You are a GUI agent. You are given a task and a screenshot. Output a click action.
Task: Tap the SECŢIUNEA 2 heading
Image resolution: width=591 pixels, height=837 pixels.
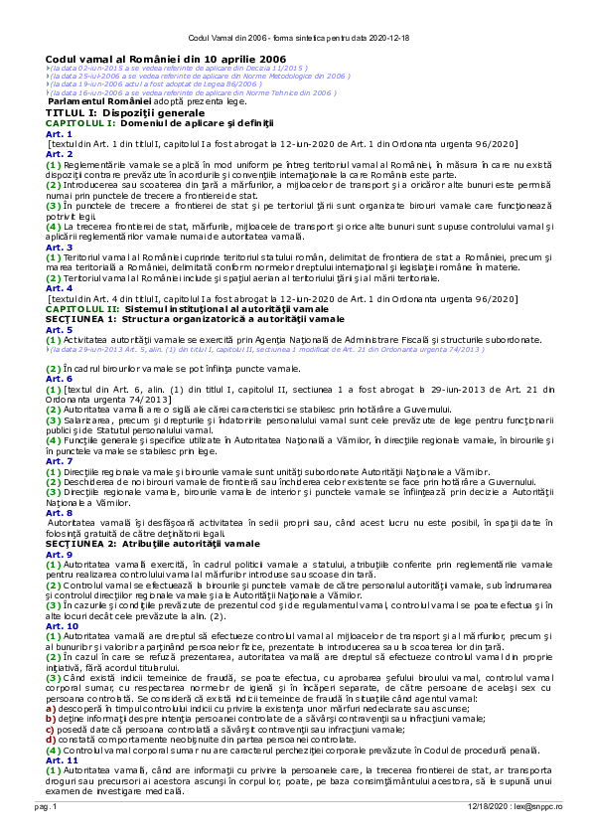click(x=139, y=544)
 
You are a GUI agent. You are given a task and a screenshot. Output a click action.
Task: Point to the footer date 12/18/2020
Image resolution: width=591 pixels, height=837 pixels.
click(x=488, y=811)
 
